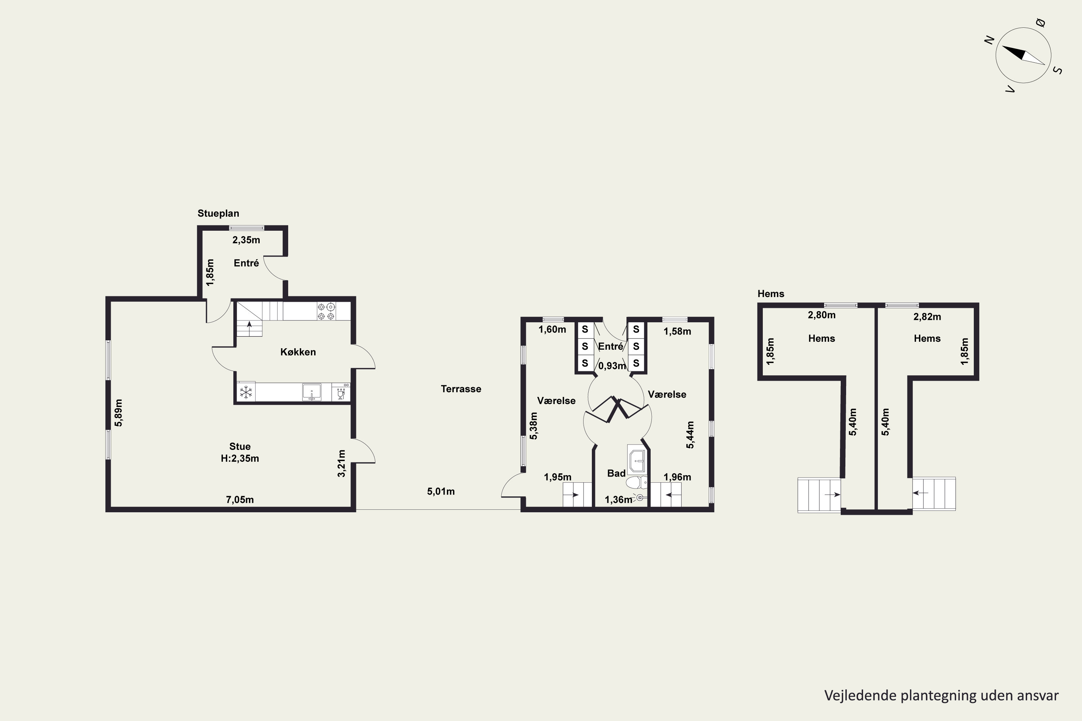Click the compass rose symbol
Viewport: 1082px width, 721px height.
click(x=1023, y=55)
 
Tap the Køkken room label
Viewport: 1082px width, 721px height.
click(x=298, y=352)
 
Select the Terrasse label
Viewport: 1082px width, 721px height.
click(x=461, y=389)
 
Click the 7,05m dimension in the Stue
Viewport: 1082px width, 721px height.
click(x=240, y=500)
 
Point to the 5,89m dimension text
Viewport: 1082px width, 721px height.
click(x=119, y=413)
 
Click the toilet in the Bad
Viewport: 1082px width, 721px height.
click(x=637, y=483)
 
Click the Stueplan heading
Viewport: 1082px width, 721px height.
click(x=218, y=213)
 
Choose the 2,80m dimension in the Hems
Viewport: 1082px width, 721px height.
click(x=822, y=315)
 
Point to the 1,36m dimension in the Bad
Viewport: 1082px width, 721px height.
click(x=618, y=500)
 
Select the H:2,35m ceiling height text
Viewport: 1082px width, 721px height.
click(x=240, y=459)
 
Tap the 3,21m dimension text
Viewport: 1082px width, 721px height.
click(x=341, y=463)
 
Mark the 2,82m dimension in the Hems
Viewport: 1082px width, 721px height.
click(x=927, y=317)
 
